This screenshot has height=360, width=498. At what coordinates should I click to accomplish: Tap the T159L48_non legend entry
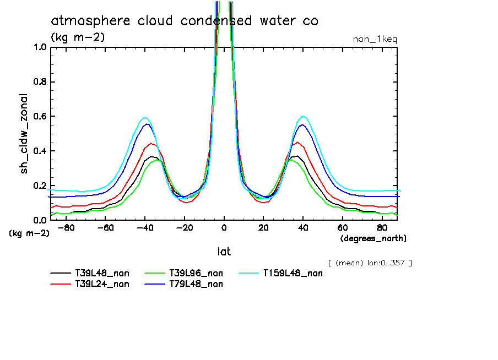(x=293, y=273)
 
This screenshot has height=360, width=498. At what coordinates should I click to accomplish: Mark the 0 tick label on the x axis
(x=224, y=227)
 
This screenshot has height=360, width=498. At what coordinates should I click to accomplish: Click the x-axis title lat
(x=224, y=252)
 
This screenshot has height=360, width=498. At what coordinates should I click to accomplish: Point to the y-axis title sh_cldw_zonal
(x=24, y=133)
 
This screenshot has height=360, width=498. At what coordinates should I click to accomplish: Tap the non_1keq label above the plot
(x=375, y=39)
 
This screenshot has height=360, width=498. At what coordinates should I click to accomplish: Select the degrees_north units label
(x=373, y=238)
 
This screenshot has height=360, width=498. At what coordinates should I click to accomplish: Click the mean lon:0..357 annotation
(x=370, y=263)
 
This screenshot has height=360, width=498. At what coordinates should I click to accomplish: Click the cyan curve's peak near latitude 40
(x=304, y=116)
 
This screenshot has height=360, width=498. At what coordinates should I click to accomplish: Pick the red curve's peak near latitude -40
(x=150, y=143)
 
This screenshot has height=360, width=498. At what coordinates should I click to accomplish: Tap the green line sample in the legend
(x=155, y=273)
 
